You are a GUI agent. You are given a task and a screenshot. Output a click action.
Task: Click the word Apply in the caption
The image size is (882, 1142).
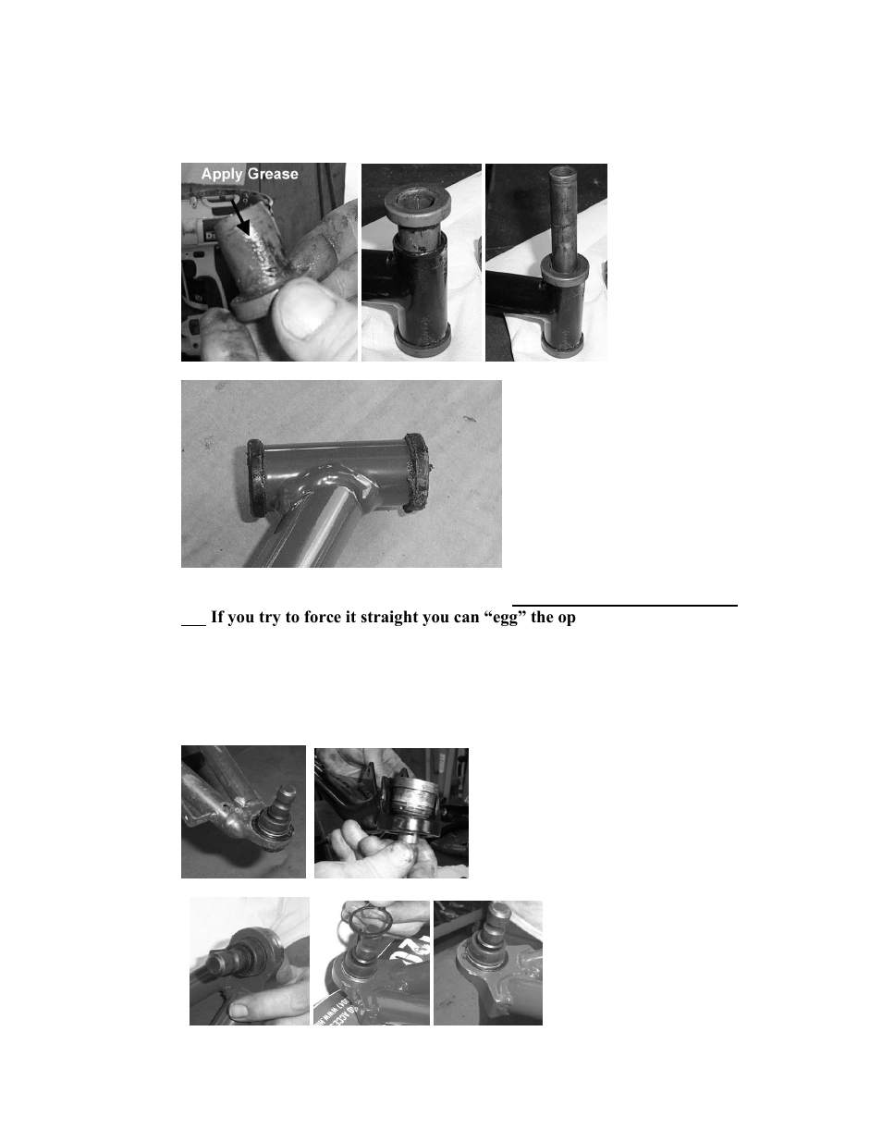pyautogui.click(x=222, y=174)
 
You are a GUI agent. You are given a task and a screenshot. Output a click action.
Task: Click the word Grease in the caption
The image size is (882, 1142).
pyautogui.click(x=273, y=174)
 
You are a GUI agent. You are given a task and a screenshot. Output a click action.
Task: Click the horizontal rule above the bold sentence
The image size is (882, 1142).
pyautogui.click(x=625, y=606)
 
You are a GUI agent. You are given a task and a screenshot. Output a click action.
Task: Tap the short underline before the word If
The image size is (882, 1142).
pyautogui.click(x=192, y=626)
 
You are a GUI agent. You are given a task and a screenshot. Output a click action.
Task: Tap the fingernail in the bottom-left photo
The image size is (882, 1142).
pyautogui.click(x=238, y=1010)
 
